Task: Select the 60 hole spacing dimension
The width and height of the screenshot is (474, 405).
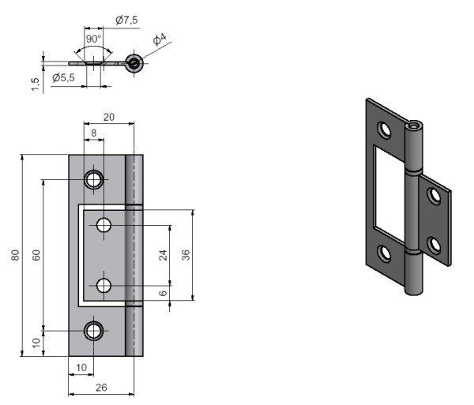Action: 36,255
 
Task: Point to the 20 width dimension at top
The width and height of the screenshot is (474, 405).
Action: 109,117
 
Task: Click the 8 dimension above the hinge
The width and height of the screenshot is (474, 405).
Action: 94,133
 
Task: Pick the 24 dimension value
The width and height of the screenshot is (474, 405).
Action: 164,255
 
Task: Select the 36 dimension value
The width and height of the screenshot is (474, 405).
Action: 186,255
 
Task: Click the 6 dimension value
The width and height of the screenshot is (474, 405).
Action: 163,293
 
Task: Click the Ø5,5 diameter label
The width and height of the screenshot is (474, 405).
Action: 63,77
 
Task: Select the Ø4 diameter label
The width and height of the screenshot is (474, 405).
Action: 159,39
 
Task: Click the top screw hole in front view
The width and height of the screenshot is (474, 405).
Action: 95,179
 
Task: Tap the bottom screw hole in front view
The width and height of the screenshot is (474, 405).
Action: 95,330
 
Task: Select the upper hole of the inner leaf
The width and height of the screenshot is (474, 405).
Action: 104,226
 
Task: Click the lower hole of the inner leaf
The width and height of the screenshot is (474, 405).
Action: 104,285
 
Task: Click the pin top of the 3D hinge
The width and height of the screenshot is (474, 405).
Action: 414,126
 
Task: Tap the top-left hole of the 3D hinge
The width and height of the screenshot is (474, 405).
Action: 384,129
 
